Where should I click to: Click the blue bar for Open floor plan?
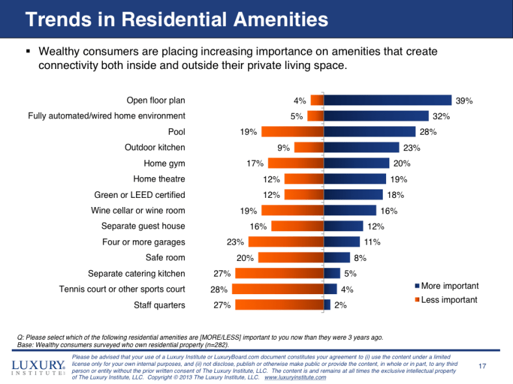[x=387, y=100]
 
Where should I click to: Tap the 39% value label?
[x=464, y=101]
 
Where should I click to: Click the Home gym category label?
[x=164, y=163]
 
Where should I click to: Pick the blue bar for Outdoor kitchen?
[x=361, y=148]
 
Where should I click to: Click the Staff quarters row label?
[x=159, y=305]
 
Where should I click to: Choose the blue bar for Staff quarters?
[x=327, y=305]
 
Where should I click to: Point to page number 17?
[x=482, y=367]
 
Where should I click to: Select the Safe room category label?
[x=165, y=258]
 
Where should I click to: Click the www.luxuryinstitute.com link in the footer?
[x=295, y=377]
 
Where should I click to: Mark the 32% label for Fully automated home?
[x=441, y=117]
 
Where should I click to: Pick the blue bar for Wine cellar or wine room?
[x=350, y=210]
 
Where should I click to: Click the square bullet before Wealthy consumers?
[x=29, y=51]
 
